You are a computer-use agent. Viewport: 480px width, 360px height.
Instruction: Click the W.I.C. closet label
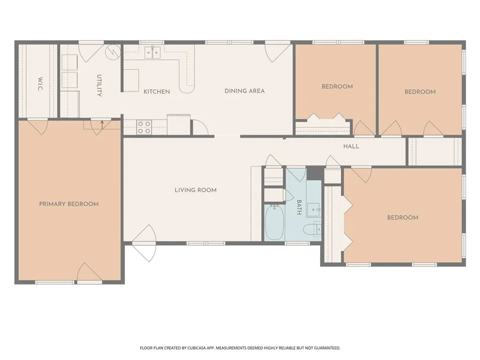click(x=41, y=84)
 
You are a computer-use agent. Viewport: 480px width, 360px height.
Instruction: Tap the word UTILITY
click(x=99, y=86)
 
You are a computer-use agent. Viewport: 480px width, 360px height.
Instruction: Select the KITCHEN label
click(x=157, y=92)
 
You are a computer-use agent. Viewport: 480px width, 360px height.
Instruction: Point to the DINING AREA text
click(x=245, y=91)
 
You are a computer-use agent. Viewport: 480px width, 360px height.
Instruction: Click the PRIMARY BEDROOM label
click(x=69, y=204)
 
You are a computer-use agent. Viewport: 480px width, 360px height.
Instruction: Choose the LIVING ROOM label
click(x=196, y=190)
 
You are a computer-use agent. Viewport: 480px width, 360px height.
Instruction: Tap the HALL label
click(x=351, y=146)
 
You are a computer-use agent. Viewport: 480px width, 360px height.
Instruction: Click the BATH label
click(x=299, y=207)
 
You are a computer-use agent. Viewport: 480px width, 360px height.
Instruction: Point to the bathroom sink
click(x=313, y=210)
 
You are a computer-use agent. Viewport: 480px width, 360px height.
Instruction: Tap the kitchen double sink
click(x=153, y=53)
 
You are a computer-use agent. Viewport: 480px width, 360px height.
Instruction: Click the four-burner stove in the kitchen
click(x=144, y=127)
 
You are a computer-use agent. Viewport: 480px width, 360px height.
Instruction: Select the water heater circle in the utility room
click(x=113, y=52)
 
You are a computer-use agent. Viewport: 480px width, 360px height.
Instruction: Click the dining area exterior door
click(x=277, y=53)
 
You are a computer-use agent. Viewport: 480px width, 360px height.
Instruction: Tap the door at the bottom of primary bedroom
click(x=89, y=272)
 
